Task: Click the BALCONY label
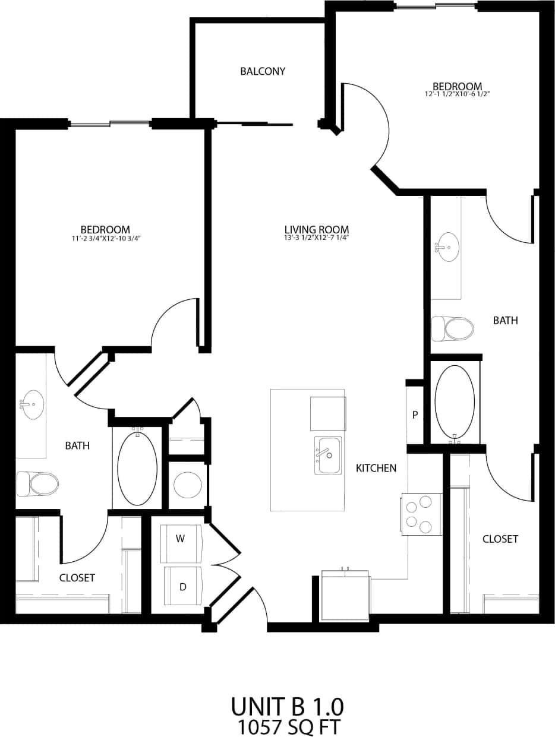(263, 71)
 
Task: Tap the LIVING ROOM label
(316, 229)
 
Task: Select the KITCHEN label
(376, 468)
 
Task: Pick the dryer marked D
(182, 586)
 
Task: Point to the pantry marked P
(415, 415)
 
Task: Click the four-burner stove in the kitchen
(421, 514)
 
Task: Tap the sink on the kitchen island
(329, 456)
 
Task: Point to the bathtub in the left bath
(137, 468)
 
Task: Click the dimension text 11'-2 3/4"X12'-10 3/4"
(105, 239)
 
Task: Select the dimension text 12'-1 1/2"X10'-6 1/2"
(457, 94)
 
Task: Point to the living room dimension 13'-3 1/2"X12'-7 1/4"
(316, 238)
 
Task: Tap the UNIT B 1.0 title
(287, 707)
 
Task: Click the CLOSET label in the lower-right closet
(500, 539)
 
